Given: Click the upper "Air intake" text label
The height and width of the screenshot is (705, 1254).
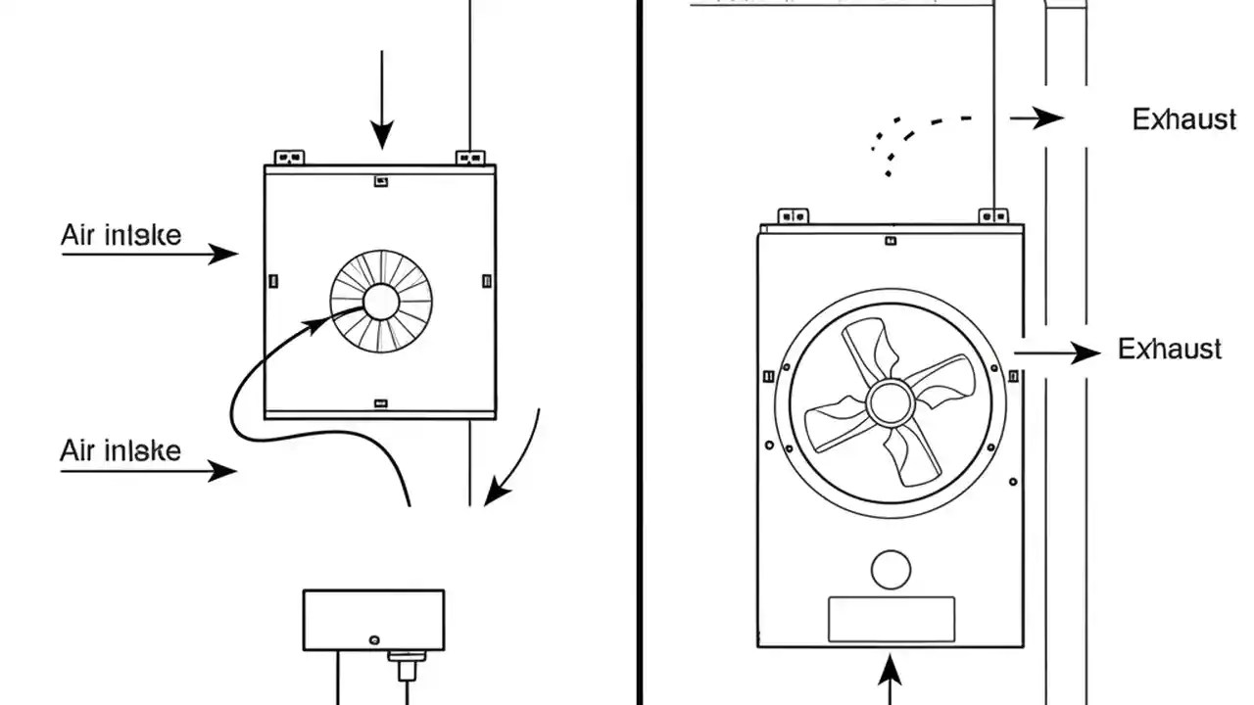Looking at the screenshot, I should click(x=121, y=236).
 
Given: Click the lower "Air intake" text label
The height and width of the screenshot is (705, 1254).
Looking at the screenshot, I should click(x=121, y=450).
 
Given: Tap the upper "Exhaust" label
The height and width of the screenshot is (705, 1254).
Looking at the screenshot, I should click(x=1183, y=119).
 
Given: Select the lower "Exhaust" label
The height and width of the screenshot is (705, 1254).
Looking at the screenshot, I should click(x=1170, y=350).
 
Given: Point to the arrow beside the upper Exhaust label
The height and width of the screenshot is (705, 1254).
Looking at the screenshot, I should click(x=1037, y=118).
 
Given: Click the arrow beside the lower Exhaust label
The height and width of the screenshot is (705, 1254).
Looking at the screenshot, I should click(x=1057, y=352).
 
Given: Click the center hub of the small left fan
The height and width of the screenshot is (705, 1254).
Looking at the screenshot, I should click(x=380, y=301).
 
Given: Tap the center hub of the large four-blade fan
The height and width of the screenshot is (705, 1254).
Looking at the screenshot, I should click(x=890, y=402).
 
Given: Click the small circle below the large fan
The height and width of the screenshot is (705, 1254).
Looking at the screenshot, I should click(x=891, y=570).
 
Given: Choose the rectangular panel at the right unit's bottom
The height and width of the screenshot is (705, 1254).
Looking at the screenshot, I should click(x=891, y=619).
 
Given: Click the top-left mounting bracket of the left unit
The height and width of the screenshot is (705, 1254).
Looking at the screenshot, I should click(x=289, y=157).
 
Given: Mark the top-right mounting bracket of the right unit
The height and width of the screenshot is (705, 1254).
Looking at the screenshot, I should click(x=994, y=214).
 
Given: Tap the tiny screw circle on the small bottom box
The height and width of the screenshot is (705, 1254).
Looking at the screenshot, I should click(x=374, y=639).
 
